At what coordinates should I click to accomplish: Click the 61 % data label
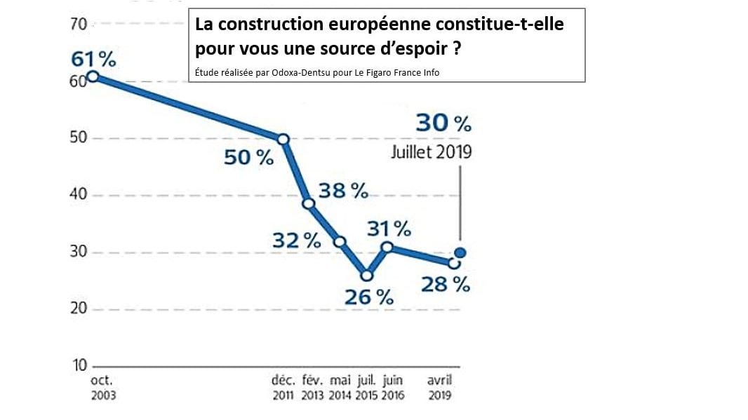pos(93,60)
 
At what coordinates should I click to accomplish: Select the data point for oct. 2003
pos(93,77)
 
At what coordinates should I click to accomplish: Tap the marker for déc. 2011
pos(283,139)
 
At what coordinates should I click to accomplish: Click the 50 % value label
pos(248,158)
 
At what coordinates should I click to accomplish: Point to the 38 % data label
pos(343,190)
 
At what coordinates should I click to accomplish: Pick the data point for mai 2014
pos(340,241)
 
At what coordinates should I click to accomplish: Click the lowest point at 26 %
pos(366,275)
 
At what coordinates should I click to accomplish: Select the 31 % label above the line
pos(389,228)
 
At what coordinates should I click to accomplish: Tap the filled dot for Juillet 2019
pos(460,253)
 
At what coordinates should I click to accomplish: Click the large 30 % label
pos(443,124)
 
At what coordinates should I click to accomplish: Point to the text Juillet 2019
pos(432,152)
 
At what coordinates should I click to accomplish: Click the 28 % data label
pos(446,284)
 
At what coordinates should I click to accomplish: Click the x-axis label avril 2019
pos(440,388)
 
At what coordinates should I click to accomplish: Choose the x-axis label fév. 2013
pos(312,388)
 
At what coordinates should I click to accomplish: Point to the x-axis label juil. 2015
pos(366,388)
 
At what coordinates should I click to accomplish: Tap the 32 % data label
pos(297,241)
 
